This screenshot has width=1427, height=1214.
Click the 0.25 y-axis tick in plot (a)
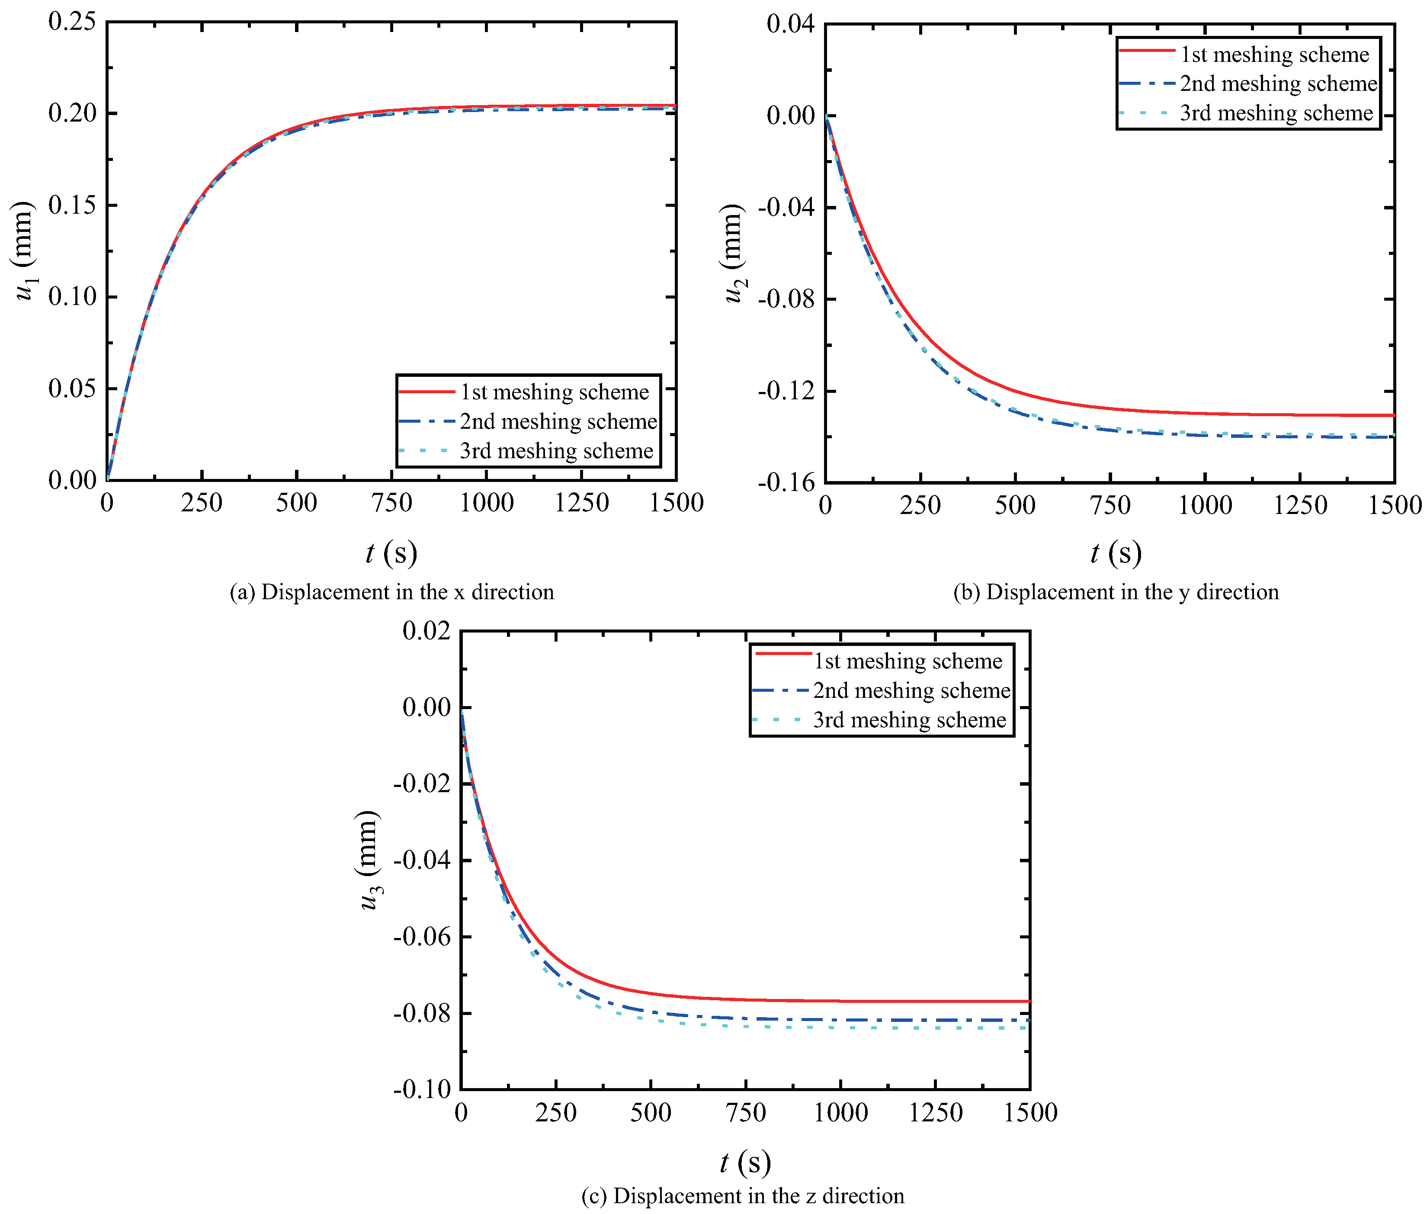pyautogui.click(x=71, y=21)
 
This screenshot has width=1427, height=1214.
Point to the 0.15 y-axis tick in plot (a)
pyautogui.click(x=71, y=205)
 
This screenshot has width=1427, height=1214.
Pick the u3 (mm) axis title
pyautogui.click(x=369, y=860)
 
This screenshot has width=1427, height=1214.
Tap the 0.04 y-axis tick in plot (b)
pyautogui.click(x=790, y=24)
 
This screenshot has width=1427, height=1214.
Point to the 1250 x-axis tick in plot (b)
pyautogui.click(x=1300, y=506)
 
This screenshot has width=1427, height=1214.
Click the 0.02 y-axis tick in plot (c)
pyautogui.click(x=426, y=630)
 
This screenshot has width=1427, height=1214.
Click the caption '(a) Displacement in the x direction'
pyautogui.click(x=391, y=592)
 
